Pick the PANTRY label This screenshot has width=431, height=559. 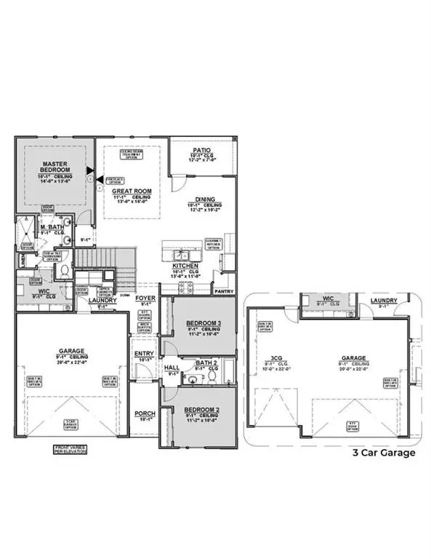tap(222, 290)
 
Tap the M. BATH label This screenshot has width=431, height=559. tap(52, 228)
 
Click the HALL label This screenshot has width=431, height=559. tap(172, 369)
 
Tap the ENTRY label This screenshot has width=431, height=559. tap(145, 354)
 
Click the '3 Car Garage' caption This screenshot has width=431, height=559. tap(384, 453)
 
